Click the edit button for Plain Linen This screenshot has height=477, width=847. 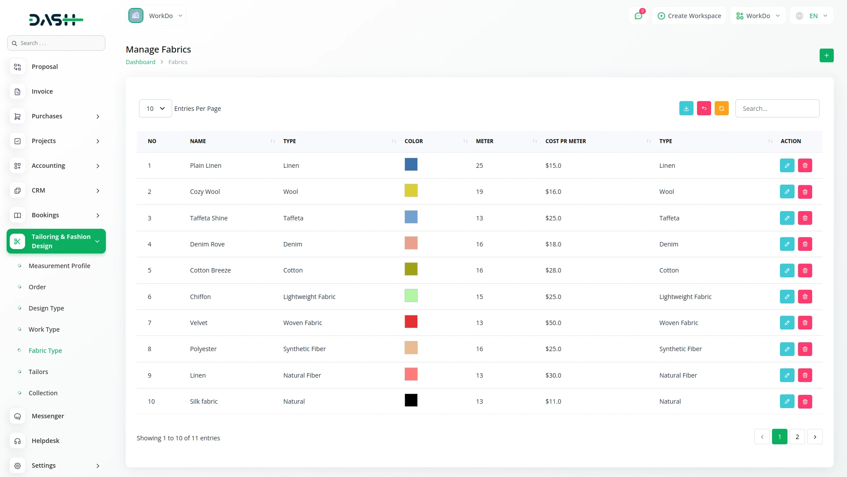coord(787,166)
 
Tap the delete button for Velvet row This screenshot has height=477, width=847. coord(805,323)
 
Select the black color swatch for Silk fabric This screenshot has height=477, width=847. coord(411,400)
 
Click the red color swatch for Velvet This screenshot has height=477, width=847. coord(411,322)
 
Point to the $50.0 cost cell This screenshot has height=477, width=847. coord(553,323)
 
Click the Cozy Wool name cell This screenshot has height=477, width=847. coord(205,192)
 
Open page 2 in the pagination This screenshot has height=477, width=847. coord(797,437)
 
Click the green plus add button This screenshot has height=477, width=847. coord(826,56)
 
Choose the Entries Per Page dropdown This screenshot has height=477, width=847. coord(155,109)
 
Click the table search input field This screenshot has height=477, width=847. coord(777,109)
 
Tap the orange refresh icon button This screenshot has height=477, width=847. coord(721,109)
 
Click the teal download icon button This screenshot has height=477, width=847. coord(686,109)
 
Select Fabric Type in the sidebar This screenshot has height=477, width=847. coord(45,351)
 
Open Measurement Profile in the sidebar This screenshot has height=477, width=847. coord(59,266)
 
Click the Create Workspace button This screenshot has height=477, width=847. coord(689,16)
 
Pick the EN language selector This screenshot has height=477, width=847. coord(812,16)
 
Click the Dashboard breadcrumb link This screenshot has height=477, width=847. coord(140,62)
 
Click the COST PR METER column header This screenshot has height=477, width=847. coord(566,141)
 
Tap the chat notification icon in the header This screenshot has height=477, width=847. coord(638,16)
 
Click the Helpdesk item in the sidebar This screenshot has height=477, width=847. coord(45,441)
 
